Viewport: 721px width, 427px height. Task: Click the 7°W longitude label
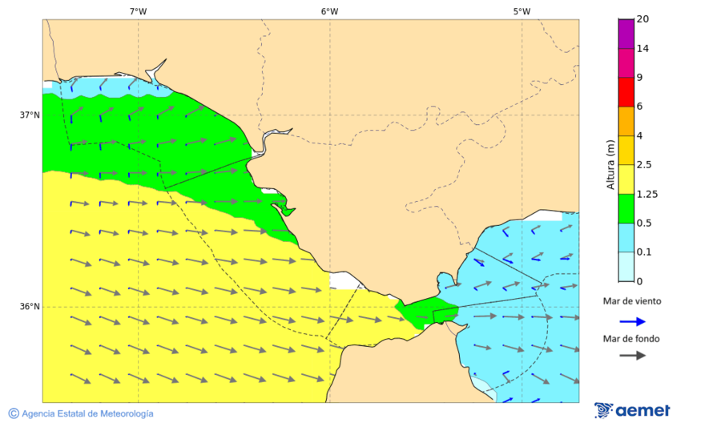[138, 11]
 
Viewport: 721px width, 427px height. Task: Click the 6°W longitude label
[329, 11]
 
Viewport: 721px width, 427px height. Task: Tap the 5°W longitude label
[522, 11]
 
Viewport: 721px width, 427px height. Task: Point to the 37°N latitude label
[30, 115]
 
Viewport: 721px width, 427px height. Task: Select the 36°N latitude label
[30, 306]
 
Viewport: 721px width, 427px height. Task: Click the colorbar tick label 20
[642, 19]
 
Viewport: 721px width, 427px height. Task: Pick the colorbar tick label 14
[642, 48]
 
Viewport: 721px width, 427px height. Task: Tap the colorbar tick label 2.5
[644, 165]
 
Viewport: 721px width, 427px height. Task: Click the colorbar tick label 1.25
[646, 194]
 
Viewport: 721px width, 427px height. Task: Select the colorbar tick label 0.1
[643, 252]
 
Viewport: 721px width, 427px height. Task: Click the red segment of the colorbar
[626, 91]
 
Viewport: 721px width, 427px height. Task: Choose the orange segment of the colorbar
[626, 121]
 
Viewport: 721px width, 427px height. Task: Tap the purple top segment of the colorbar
[626, 34]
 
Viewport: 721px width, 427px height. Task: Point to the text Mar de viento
[632, 301]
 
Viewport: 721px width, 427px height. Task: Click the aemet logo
[632, 410]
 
